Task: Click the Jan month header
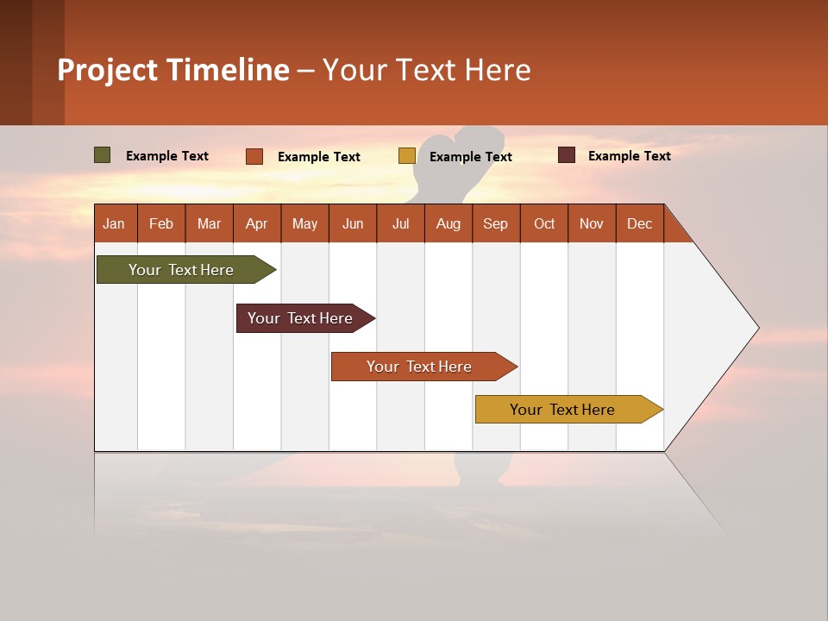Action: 114,223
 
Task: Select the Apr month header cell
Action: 256,223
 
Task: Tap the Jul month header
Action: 400,223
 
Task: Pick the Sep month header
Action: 495,223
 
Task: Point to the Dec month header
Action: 639,223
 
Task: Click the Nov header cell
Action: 591,223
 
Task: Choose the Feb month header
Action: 161,223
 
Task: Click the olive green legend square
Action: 103,155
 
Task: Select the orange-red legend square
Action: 254,156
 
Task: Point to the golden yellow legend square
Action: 407,156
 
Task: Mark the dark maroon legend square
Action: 567,155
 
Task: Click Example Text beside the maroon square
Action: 629,156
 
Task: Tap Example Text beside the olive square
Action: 167,156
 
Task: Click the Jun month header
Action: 353,223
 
